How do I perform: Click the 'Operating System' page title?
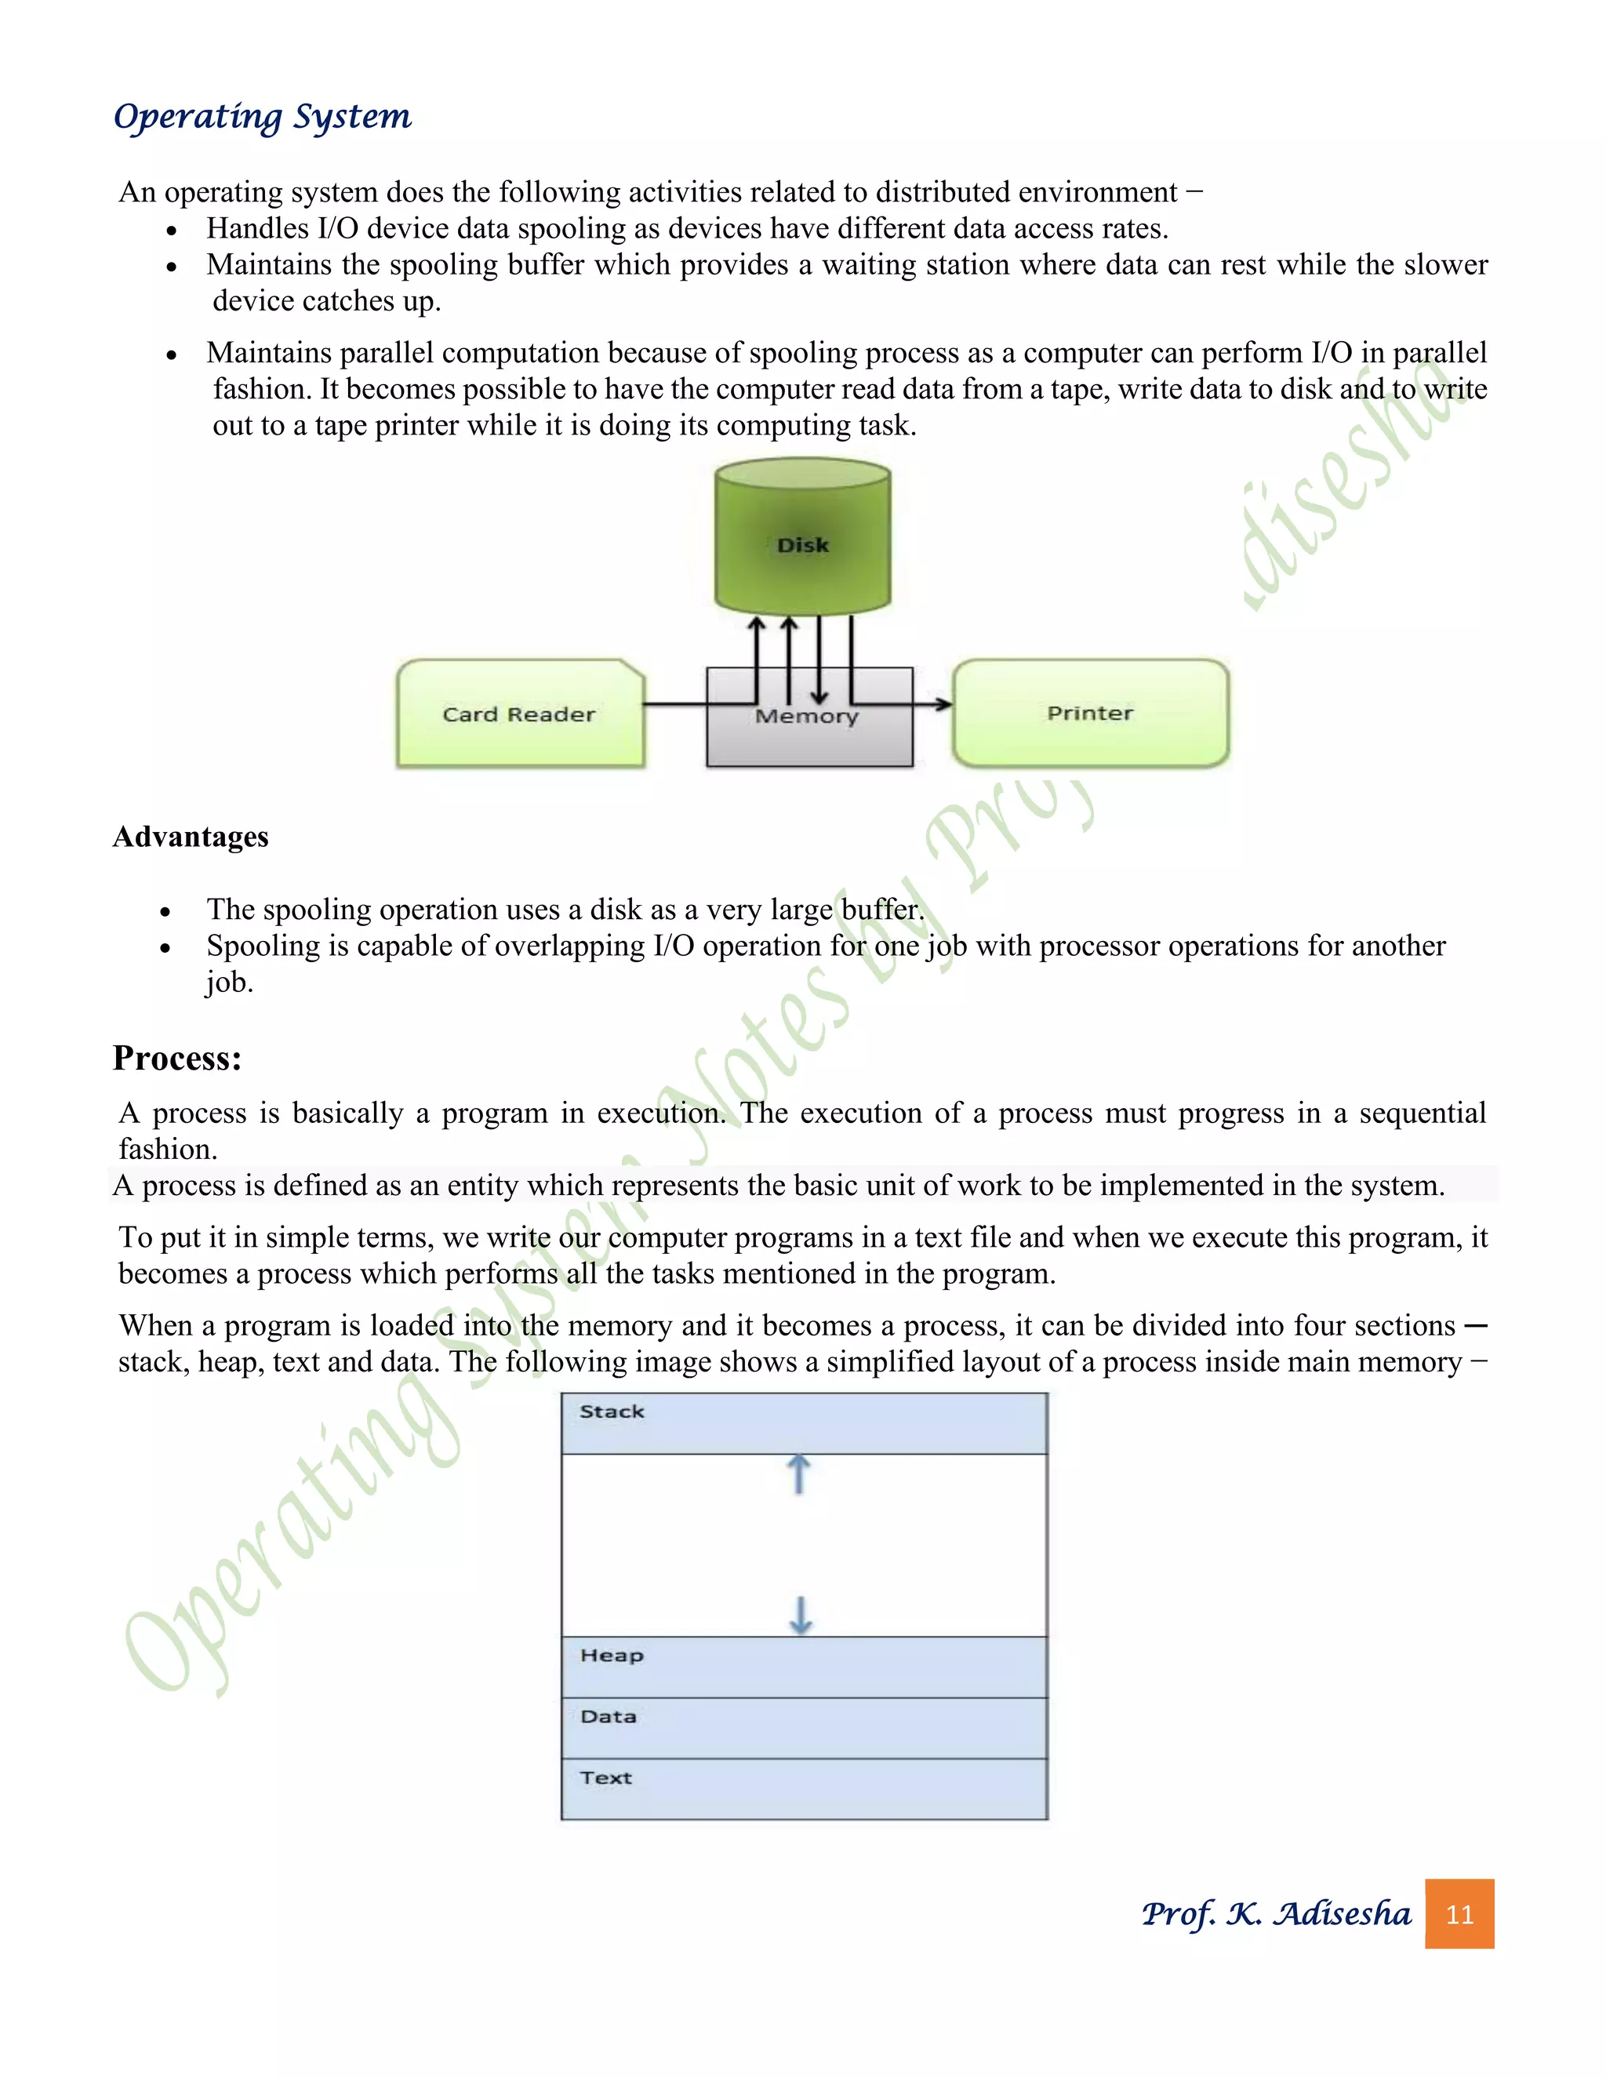(x=262, y=117)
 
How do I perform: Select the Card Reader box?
(x=519, y=714)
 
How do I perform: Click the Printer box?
(x=1090, y=714)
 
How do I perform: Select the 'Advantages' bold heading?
(x=191, y=837)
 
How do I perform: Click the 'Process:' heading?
(x=177, y=1058)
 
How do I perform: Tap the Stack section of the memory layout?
(x=803, y=1423)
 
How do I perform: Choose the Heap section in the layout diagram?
(x=803, y=1667)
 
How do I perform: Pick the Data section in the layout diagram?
(x=803, y=1727)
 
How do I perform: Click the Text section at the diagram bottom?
(x=803, y=1789)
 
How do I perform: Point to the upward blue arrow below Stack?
(x=799, y=1474)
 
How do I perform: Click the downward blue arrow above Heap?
(x=801, y=1615)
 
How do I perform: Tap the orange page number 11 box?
(x=1459, y=1913)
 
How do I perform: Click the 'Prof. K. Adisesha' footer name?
(x=1276, y=1913)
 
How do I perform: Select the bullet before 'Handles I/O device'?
(x=171, y=231)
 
